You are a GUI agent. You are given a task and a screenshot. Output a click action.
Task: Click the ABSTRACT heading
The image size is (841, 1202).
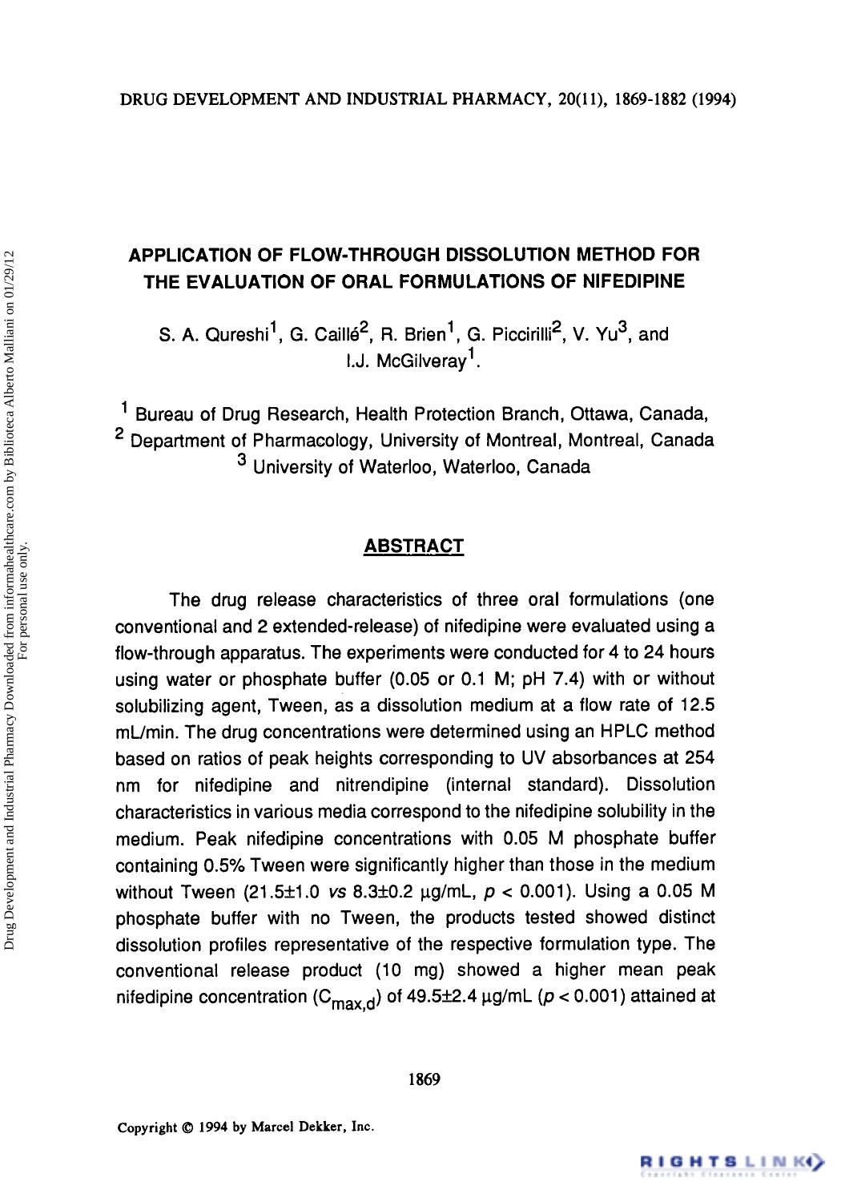tap(413, 547)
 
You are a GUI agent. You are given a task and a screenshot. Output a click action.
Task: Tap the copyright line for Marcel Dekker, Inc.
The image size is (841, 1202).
tap(245, 1127)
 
